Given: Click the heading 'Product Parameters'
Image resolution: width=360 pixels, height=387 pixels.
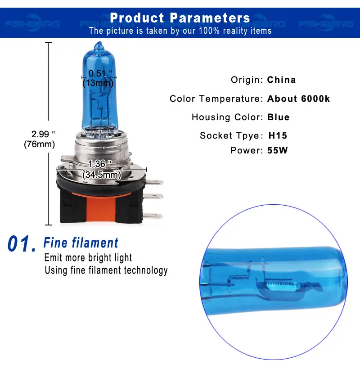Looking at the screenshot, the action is (180, 18).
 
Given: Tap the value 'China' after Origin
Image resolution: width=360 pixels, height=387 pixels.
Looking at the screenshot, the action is (281, 80).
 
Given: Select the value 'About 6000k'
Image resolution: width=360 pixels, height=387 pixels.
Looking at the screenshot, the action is (298, 99).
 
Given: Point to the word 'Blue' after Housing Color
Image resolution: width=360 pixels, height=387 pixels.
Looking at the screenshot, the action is (279, 117).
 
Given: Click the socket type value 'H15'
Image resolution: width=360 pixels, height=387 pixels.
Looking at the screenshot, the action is (278, 135).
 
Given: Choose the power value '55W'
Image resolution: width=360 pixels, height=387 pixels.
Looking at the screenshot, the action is (277, 150).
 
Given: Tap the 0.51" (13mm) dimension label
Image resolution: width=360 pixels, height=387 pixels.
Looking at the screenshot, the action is (99, 78).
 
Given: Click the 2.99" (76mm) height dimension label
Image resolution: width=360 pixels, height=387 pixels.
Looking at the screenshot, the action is (40, 139).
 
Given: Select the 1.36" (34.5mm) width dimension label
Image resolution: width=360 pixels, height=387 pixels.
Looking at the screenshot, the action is (101, 169).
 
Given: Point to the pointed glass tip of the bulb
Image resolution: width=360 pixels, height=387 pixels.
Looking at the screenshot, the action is (99, 45).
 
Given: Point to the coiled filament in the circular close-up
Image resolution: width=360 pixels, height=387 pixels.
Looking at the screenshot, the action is (278, 282).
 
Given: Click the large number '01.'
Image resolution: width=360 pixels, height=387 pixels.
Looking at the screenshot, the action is (22, 244).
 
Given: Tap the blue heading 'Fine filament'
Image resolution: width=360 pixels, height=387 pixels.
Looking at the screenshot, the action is (81, 243).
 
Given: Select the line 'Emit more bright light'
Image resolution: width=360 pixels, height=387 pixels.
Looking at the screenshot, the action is (88, 258).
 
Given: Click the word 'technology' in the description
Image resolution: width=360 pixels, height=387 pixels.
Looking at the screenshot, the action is (146, 270).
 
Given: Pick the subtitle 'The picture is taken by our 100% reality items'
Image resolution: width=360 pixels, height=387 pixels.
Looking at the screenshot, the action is (180, 31).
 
